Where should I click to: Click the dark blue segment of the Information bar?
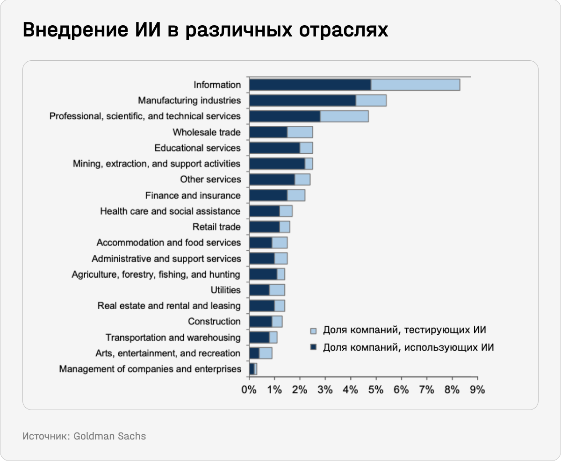(309, 85)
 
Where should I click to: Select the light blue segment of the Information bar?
(415, 85)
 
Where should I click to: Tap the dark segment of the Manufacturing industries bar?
(302, 101)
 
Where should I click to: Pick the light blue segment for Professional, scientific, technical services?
(344, 116)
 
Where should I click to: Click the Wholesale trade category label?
(207, 132)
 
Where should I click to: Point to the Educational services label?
(197, 148)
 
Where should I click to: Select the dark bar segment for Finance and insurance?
(268, 195)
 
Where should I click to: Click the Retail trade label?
(216, 227)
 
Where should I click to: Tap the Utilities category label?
(225, 290)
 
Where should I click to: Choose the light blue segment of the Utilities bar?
(277, 290)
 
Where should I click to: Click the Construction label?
(214, 321)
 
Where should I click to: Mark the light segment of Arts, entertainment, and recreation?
(266, 353)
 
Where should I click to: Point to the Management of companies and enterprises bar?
(253, 369)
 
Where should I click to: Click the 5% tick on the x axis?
(376, 389)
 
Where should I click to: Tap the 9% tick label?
(477, 389)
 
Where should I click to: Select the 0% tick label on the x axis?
(249, 389)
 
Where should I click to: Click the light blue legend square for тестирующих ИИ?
(313, 331)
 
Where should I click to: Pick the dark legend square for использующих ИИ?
(313, 347)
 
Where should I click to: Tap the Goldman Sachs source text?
(110, 436)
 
